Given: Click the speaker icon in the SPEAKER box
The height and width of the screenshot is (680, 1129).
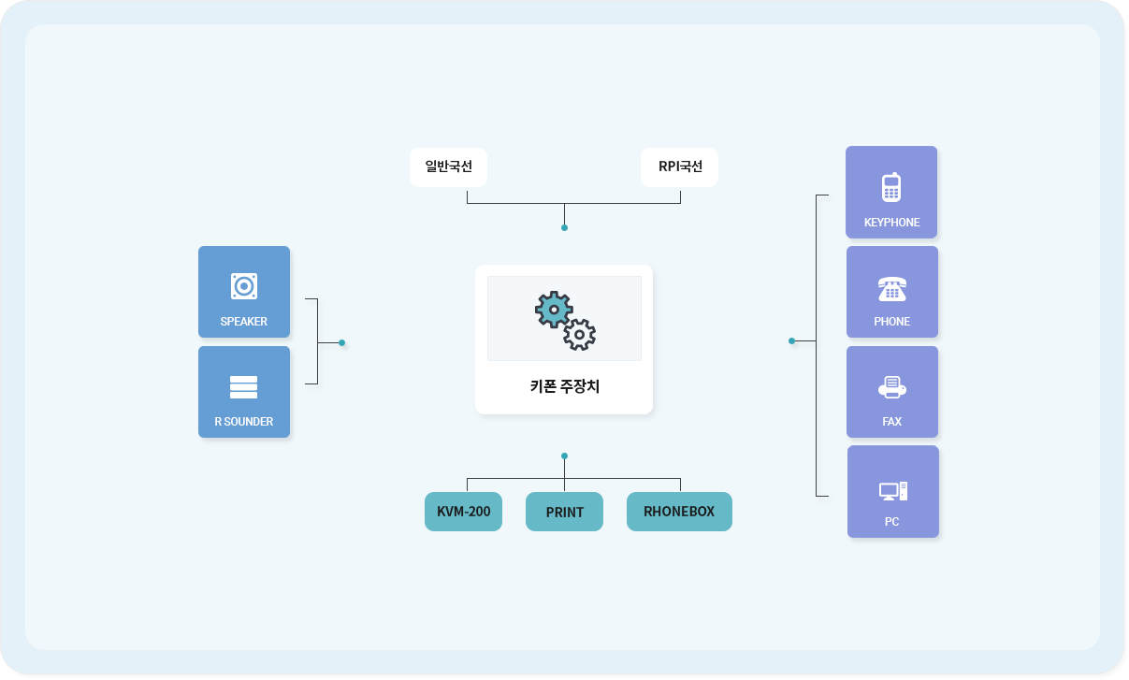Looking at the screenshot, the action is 244,286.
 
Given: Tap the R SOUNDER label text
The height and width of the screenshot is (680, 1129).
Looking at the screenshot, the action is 244,422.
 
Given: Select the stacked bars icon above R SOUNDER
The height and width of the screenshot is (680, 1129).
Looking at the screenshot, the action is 244,387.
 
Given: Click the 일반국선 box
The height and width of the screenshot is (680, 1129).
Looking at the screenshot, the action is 449,166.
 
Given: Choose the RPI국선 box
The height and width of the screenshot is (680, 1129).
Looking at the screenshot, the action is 679,166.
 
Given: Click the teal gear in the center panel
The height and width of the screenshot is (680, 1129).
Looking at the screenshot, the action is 554,310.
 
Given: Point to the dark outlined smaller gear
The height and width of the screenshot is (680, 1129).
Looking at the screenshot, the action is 580,335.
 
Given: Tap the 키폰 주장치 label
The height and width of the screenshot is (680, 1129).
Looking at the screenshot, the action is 565,386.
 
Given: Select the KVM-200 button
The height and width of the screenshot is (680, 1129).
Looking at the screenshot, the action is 463,512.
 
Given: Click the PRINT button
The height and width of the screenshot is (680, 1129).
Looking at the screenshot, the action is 565,512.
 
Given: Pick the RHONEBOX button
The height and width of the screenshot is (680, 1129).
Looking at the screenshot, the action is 679,512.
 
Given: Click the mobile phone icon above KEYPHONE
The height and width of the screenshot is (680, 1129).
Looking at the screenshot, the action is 891,187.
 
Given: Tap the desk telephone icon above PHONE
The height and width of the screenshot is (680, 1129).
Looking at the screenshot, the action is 892,289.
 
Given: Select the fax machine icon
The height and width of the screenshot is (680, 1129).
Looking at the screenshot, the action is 892,387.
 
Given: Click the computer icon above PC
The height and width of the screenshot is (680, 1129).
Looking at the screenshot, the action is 893,491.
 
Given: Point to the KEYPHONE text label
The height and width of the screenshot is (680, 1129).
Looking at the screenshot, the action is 891,223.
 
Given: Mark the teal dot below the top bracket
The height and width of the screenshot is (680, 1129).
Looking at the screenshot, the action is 565,228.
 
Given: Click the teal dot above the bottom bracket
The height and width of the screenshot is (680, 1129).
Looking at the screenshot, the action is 565,456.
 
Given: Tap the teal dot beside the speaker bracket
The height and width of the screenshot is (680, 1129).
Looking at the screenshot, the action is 341,342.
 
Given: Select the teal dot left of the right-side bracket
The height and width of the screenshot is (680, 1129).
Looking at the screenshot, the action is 792,341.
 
